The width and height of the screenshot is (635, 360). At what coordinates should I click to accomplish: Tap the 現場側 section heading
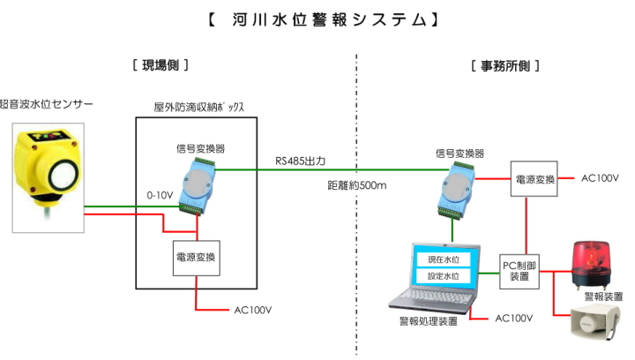[161, 65]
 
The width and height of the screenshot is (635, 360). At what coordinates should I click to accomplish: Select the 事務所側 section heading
[505, 65]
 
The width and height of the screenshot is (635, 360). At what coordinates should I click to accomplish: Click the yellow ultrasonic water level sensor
[49, 168]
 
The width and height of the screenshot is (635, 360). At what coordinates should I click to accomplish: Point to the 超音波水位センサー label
[46, 103]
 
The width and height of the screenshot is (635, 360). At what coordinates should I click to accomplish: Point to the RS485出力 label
[301, 161]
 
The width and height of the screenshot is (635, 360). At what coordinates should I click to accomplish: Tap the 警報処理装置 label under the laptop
[429, 321]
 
